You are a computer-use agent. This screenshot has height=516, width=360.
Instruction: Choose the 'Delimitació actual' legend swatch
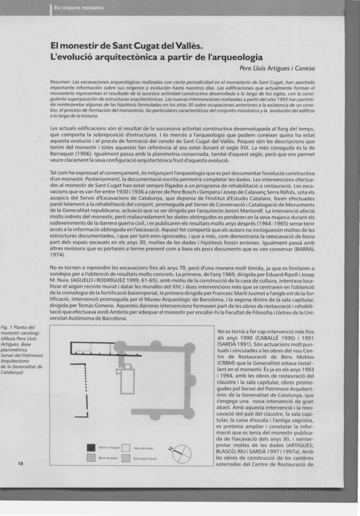(126, 458)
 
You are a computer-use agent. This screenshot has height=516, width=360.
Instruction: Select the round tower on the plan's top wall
(157, 343)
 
